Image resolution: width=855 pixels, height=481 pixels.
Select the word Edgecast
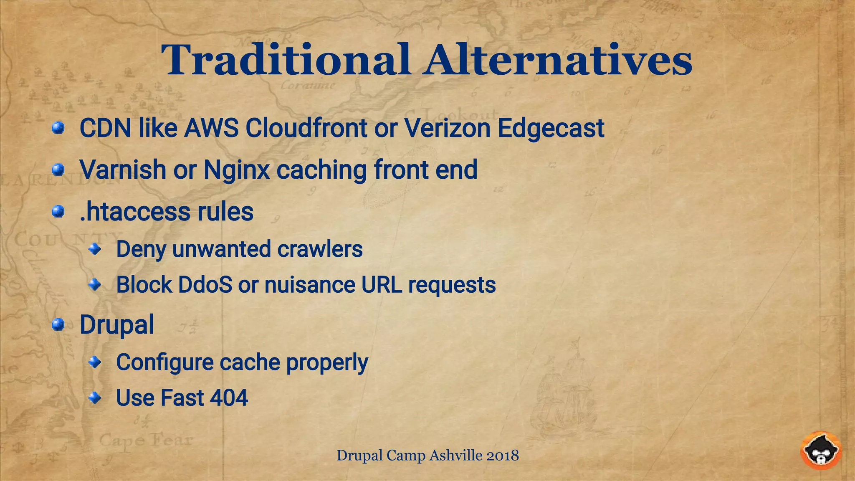pyautogui.click(x=551, y=129)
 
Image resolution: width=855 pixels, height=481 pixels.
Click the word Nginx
pyautogui.click(x=236, y=170)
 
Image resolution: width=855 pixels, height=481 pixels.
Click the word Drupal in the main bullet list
pyautogui.click(x=116, y=325)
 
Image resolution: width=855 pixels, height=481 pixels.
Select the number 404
pyautogui.click(x=229, y=397)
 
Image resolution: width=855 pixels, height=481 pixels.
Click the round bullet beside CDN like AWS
pyautogui.click(x=58, y=128)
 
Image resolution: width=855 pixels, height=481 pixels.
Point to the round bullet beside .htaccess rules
pyautogui.click(x=58, y=212)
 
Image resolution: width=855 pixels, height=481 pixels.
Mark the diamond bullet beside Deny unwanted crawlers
pyautogui.click(x=95, y=249)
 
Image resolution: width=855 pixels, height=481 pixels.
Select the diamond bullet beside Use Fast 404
pyautogui.click(x=95, y=397)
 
